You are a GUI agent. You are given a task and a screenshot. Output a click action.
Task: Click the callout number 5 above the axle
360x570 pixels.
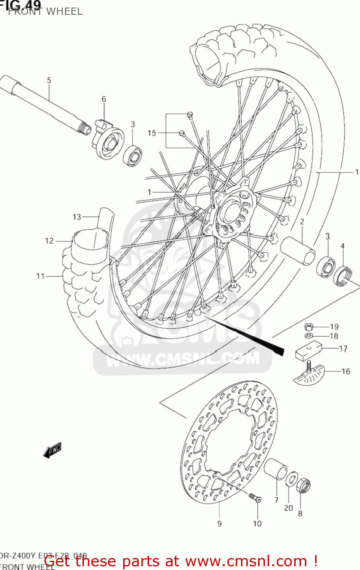[x=49, y=80]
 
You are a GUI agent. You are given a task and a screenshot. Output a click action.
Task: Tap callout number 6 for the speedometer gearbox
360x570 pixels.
[x=104, y=99]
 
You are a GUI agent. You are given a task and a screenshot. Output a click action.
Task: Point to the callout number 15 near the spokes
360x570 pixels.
[x=152, y=133]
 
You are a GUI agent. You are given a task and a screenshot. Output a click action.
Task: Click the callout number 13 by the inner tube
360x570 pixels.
[x=77, y=217]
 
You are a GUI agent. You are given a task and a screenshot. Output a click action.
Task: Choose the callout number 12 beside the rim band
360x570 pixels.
[x=49, y=241]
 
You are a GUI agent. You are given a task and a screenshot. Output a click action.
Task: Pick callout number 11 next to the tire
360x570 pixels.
[x=41, y=276]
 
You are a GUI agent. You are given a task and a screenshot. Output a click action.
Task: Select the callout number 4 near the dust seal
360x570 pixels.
[x=343, y=246]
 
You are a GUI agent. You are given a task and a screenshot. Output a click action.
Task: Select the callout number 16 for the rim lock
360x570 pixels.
[x=346, y=371]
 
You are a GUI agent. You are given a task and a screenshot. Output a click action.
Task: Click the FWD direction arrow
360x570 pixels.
[x=52, y=450]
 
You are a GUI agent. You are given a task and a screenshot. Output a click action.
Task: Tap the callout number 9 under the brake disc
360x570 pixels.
[x=219, y=524]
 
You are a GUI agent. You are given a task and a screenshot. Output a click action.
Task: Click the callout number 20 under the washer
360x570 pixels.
[x=289, y=508]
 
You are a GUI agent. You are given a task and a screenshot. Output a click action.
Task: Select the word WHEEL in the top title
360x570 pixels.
[x=64, y=11]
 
